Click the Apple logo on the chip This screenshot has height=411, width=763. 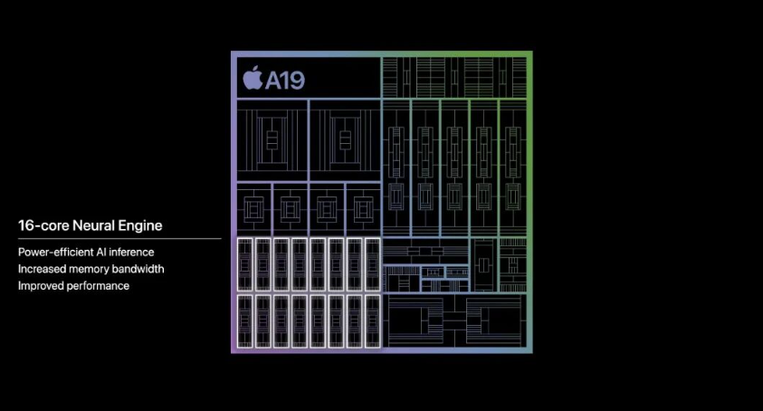(x=253, y=78)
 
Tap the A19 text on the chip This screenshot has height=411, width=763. (x=285, y=81)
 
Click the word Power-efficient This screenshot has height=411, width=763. (x=54, y=253)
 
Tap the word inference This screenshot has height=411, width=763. (x=131, y=253)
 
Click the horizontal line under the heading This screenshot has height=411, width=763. (x=119, y=239)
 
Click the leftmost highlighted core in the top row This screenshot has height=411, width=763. (x=244, y=264)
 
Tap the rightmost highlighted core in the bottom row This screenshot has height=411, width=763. (x=373, y=321)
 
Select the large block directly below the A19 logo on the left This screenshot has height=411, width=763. (x=272, y=140)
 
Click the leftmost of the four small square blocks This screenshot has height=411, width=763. (x=254, y=209)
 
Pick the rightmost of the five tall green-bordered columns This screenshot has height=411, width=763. (x=513, y=168)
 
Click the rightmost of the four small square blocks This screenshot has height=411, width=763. (x=363, y=209)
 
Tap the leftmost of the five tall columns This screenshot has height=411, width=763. (x=396, y=168)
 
